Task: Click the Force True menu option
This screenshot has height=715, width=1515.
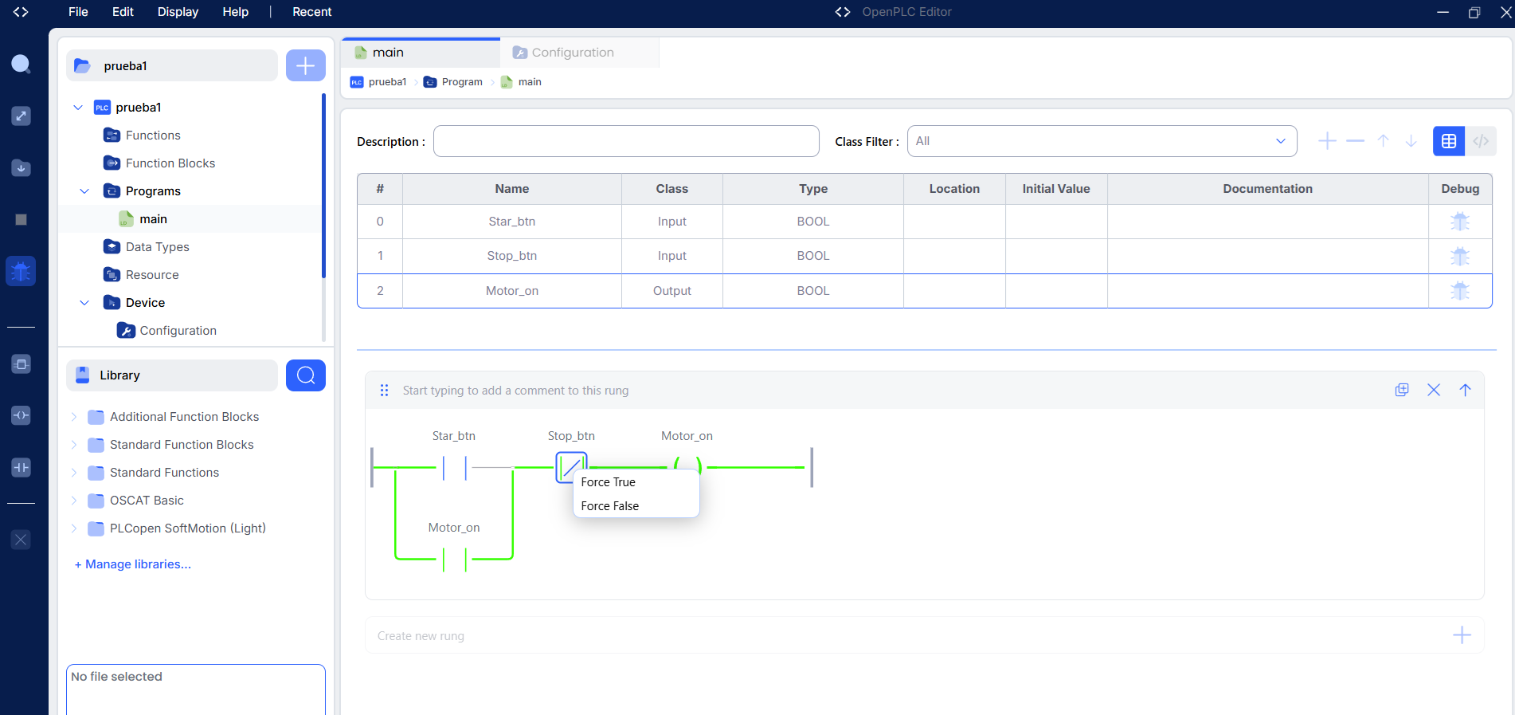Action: (609, 482)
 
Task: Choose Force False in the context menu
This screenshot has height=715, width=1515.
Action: (610, 506)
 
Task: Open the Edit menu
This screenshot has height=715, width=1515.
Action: (123, 12)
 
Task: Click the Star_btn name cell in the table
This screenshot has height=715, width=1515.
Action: (512, 222)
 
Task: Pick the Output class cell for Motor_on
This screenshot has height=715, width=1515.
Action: (672, 291)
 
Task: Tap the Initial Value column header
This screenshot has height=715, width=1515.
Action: (1056, 189)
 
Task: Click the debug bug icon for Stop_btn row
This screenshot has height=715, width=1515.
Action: (1460, 256)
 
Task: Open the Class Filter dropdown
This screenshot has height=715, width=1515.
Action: (1102, 141)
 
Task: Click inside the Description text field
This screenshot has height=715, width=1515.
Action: (626, 141)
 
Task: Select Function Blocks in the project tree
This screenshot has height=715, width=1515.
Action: (170, 163)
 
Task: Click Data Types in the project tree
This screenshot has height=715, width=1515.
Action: (158, 247)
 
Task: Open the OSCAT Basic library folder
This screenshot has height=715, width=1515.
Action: (147, 501)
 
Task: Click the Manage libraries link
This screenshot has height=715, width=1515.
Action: (133, 564)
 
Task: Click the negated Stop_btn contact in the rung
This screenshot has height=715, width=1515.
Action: (571, 467)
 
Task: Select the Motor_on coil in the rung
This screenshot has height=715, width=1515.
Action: (687, 467)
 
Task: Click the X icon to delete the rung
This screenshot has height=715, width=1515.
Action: (1434, 390)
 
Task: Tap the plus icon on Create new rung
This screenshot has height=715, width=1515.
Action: (1462, 635)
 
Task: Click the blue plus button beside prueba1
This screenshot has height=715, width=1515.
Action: (306, 65)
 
